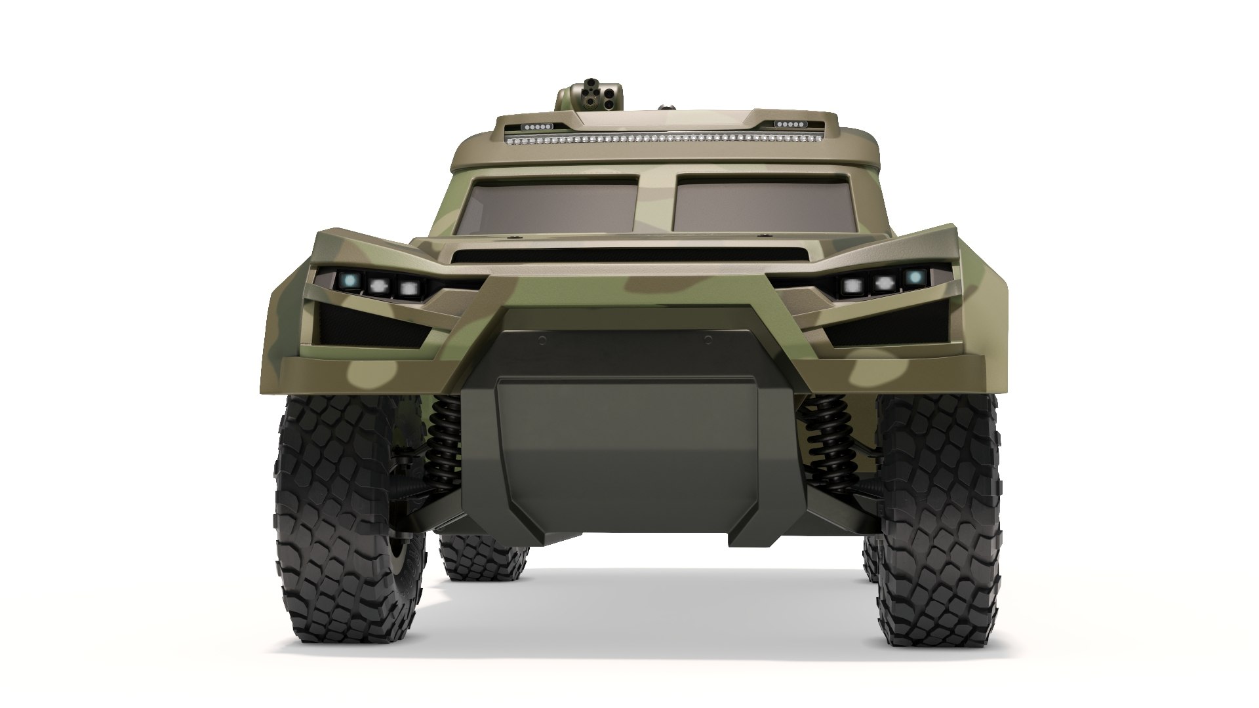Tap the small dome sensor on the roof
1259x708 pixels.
point(666,106)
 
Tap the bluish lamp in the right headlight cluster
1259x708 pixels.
point(912,278)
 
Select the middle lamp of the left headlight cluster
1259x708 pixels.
point(380,286)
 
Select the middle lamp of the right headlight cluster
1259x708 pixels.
point(883,283)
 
